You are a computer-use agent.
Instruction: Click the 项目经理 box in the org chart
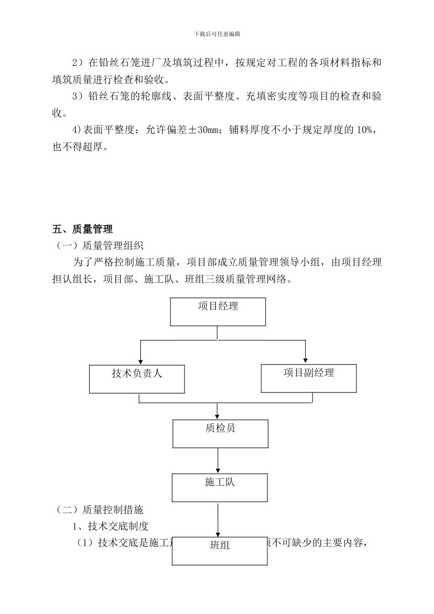tap(218, 312)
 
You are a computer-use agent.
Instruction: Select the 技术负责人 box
tap(137, 379)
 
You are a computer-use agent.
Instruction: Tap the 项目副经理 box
tap(308, 378)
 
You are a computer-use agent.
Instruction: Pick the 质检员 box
tap(220, 434)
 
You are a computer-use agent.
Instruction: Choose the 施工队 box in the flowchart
tap(220, 487)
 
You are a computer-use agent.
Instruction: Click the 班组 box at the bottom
tap(220, 551)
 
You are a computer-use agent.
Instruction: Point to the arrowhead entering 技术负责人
tap(140, 361)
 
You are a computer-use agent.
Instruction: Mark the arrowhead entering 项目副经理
tap(305, 360)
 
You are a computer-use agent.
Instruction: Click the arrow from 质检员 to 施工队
tap(218, 460)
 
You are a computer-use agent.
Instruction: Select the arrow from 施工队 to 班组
tap(218, 519)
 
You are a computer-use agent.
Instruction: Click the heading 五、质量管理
tap(83, 229)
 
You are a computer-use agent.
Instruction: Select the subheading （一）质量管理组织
tap(100, 246)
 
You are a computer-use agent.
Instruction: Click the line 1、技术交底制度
tap(111, 526)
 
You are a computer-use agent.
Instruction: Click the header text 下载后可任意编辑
tap(217, 34)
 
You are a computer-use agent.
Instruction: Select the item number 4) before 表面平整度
tap(77, 130)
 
